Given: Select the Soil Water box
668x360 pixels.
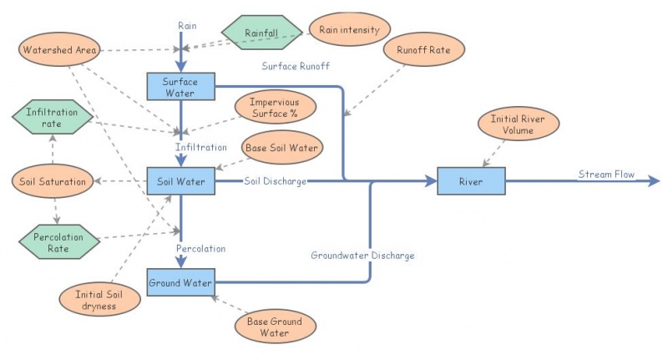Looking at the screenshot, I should click(x=181, y=180).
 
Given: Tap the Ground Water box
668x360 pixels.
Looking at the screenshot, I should click(x=180, y=282).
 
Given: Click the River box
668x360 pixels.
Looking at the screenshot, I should click(x=471, y=180).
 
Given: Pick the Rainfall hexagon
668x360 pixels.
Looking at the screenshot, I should click(x=261, y=33).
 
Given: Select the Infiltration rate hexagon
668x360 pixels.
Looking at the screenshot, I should click(x=52, y=118).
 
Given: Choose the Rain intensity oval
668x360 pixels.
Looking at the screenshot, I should click(x=349, y=30).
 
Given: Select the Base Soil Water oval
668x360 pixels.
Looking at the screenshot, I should click(x=281, y=148).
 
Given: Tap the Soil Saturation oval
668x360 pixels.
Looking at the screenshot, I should click(x=53, y=180).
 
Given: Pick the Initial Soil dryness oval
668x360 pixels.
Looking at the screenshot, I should click(x=94, y=300).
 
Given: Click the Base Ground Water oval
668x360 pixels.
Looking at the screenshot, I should click(x=275, y=327).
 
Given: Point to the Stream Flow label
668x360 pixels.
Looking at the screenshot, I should click(x=606, y=175).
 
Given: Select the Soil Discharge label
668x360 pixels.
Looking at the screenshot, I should click(x=275, y=180).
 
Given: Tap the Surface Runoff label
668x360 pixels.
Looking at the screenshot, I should click(x=296, y=66).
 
